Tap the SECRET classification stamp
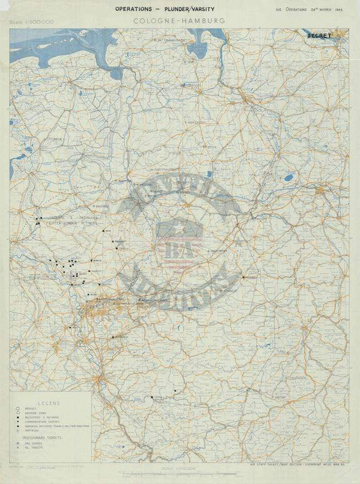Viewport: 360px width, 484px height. pyautogui.click(x=319, y=35)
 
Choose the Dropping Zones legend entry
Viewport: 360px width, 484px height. pyautogui.click(x=31, y=414)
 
